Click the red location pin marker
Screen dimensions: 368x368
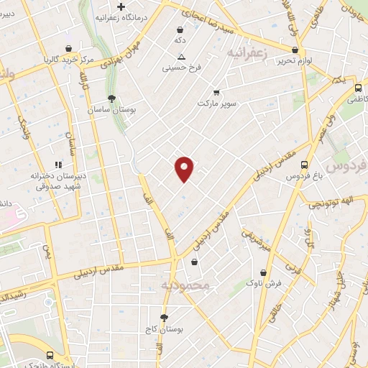click(185, 169)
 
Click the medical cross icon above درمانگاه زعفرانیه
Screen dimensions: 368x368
click(121, 7)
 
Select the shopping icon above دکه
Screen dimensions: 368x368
click(179, 30)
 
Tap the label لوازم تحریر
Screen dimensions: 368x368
click(293, 61)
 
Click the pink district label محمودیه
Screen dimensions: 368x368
click(185, 285)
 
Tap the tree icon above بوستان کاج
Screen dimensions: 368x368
click(165, 317)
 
